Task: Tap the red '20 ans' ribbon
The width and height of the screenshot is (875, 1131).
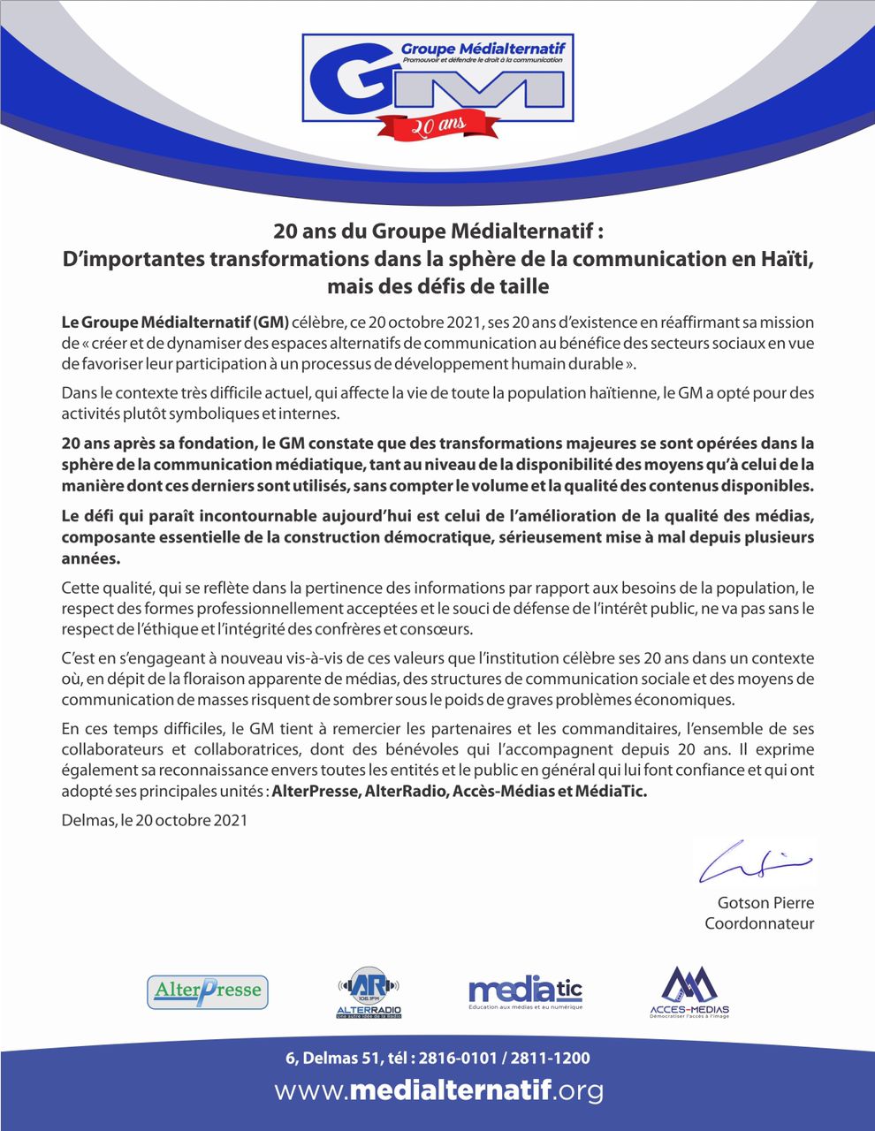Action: click(434, 125)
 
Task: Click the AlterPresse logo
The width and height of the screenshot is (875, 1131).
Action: click(208, 991)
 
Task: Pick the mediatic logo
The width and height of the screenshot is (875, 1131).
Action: click(525, 991)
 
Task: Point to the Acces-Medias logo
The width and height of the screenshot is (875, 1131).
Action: click(689, 992)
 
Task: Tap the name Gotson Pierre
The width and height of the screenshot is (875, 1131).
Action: click(765, 903)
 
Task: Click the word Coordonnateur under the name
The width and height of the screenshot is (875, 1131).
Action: click(759, 924)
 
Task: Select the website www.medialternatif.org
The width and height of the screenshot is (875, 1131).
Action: click(438, 1091)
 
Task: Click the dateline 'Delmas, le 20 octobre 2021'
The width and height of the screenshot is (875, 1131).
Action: click(155, 820)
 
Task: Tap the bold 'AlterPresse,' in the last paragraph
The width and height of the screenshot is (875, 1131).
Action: click(316, 792)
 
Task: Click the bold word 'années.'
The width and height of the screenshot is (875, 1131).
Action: click(90, 558)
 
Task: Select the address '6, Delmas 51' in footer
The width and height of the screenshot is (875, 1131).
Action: click(325, 1059)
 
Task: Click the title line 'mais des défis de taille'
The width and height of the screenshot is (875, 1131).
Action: click(437, 286)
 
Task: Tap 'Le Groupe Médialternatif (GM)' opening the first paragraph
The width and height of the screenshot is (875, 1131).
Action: click(175, 323)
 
